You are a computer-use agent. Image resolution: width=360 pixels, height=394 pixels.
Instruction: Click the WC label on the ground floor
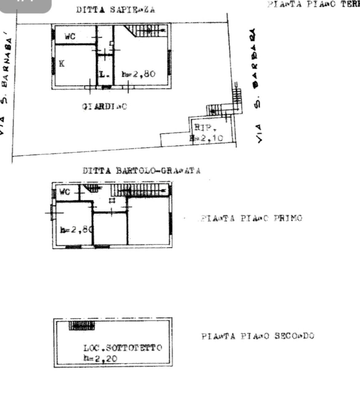click(70, 37)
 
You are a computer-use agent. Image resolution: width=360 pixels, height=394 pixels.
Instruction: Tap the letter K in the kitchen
click(62, 64)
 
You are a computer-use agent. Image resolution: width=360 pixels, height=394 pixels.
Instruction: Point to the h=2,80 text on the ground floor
click(138, 74)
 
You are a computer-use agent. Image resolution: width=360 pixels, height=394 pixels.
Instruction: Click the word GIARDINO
click(105, 107)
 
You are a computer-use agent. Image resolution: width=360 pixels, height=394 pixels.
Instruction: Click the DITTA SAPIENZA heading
click(115, 10)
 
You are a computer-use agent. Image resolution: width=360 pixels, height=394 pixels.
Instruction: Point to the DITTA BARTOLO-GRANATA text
click(141, 171)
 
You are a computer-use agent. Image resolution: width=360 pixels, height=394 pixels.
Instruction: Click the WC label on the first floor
click(65, 192)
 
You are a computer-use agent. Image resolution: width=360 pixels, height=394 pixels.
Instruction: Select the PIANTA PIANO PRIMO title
click(251, 219)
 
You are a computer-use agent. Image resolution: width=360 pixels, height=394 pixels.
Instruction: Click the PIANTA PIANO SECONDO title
click(258, 336)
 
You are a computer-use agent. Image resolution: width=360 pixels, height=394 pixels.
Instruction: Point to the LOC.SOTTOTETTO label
click(123, 348)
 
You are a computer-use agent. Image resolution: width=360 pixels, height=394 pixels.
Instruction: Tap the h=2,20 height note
click(100, 358)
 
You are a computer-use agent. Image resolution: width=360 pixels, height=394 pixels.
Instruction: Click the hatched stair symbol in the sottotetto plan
click(82, 325)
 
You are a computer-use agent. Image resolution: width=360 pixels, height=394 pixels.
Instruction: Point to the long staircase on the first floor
click(140, 190)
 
